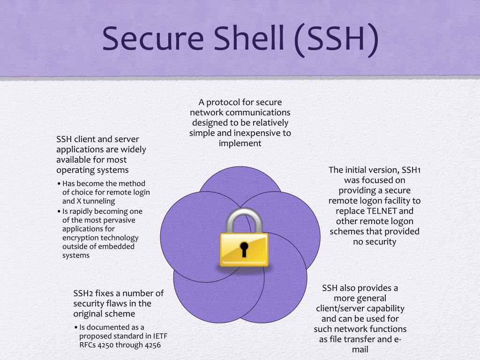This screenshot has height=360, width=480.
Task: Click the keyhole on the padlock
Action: tap(244, 248)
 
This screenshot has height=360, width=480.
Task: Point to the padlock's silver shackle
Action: tap(244, 220)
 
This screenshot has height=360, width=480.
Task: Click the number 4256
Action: tap(157, 345)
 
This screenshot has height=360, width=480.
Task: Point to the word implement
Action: tap(240, 143)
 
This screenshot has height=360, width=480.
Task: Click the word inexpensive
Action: tap(253, 133)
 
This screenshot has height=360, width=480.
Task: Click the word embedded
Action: tap(119, 247)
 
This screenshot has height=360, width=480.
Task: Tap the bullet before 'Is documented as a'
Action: tap(75, 327)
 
